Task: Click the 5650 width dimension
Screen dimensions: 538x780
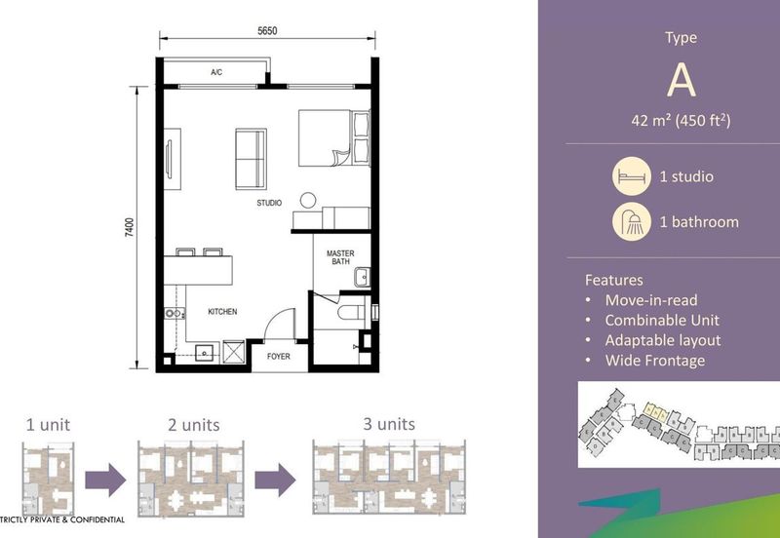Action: pyautogui.click(x=267, y=31)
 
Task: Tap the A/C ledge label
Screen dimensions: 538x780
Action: pyautogui.click(x=216, y=73)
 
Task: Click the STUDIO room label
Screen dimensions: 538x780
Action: pyautogui.click(x=269, y=204)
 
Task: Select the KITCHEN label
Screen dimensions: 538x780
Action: pyautogui.click(x=222, y=312)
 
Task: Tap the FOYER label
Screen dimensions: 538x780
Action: pyautogui.click(x=279, y=357)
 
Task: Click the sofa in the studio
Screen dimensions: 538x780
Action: pyautogui.click(x=252, y=159)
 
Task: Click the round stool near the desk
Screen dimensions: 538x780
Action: pyautogui.click(x=308, y=201)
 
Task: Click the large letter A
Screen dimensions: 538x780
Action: pyautogui.click(x=681, y=82)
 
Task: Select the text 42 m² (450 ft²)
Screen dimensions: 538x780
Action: pyautogui.click(x=681, y=121)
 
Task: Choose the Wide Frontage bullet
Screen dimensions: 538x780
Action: pyautogui.click(x=654, y=361)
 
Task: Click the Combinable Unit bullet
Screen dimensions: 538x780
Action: pyautogui.click(x=662, y=320)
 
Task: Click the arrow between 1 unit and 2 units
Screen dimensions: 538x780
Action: pyautogui.click(x=106, y=480)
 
